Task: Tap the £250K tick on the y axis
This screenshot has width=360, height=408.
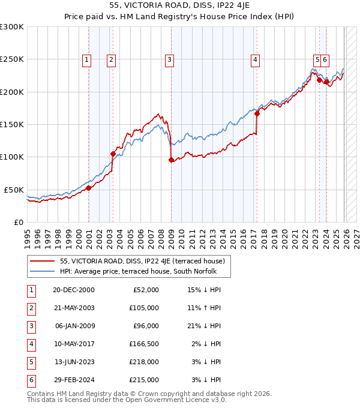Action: pos(11,59)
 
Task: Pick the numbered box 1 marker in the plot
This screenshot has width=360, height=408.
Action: pos(88,59)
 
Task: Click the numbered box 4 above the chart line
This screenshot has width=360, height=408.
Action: pos(255,59)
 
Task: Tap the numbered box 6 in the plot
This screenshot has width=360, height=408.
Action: pos(325,59)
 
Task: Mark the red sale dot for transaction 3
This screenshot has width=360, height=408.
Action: pos(171,160)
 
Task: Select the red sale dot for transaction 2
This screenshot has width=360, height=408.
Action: pos(113,154)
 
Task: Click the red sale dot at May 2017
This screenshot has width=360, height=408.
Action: pos(257,113)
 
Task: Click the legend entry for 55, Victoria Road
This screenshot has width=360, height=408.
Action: pos(142,261)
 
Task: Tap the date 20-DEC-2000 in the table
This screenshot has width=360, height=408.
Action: pos(73,290)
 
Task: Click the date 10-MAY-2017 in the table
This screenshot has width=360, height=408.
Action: pos(73,344)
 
